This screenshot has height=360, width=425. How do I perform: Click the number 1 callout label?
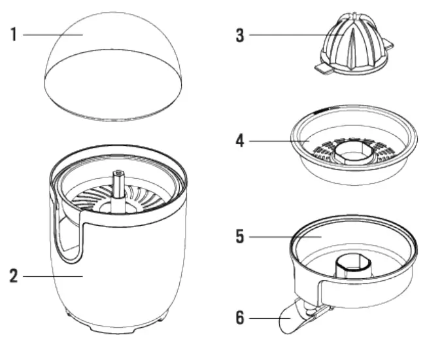pyautogui.click(x=13, y=34)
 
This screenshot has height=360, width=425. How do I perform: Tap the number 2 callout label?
pyautogui.click(x=13, y=276)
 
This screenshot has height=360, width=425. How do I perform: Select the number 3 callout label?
pyautogui.click(x=240, y=35)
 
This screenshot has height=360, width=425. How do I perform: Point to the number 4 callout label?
pyautogui.click(x=240, y=141)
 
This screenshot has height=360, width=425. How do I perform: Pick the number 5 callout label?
pyautogui.click(x=240, y=236)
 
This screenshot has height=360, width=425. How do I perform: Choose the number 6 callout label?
pyautogui.click(x=240, y=319)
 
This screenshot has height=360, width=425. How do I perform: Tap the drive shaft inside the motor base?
pyautogui.click(x=120, y=187)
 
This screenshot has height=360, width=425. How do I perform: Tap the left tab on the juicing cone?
pyautogui.click(x=324, y=67)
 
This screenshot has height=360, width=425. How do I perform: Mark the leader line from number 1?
pyautogui.click(x=52, y=34)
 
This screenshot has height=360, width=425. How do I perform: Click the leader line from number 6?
pyautogui.click(x=268, y=319)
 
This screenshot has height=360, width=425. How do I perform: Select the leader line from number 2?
pyautogui.click(x=52, y=276)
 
